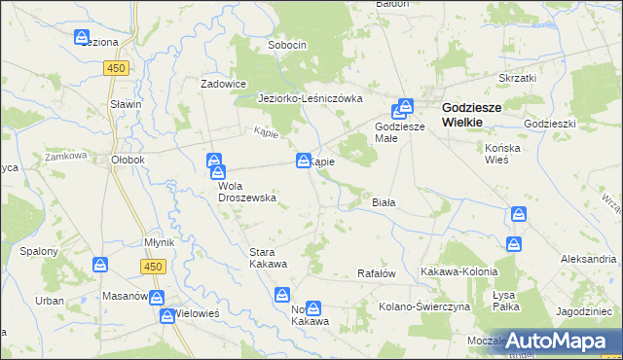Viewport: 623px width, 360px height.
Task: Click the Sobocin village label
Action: coord(287,45)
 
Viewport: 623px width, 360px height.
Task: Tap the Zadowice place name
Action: coord(224,84)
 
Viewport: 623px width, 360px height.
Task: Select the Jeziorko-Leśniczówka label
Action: coord(310,98)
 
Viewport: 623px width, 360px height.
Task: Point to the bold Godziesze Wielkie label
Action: coord(472,115)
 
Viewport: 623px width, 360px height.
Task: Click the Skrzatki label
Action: coord(518,76)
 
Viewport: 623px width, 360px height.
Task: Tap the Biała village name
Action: coord(384,201)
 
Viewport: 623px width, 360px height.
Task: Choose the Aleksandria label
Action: coord(588,259)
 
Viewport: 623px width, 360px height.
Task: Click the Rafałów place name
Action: coord(377,274)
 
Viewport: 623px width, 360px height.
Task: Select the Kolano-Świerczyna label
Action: coord(424,306)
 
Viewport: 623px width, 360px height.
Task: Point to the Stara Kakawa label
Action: coord(268,258)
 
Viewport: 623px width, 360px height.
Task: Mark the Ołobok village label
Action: coord(128,160)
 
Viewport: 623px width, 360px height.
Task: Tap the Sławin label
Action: coord(127,104)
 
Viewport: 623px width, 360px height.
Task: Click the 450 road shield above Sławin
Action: coord(117,67)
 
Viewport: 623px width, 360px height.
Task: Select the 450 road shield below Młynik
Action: coord(151,266)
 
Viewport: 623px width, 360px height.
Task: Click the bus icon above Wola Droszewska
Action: coord(214,162)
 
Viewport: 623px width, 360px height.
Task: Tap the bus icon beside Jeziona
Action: coord(83,37)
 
